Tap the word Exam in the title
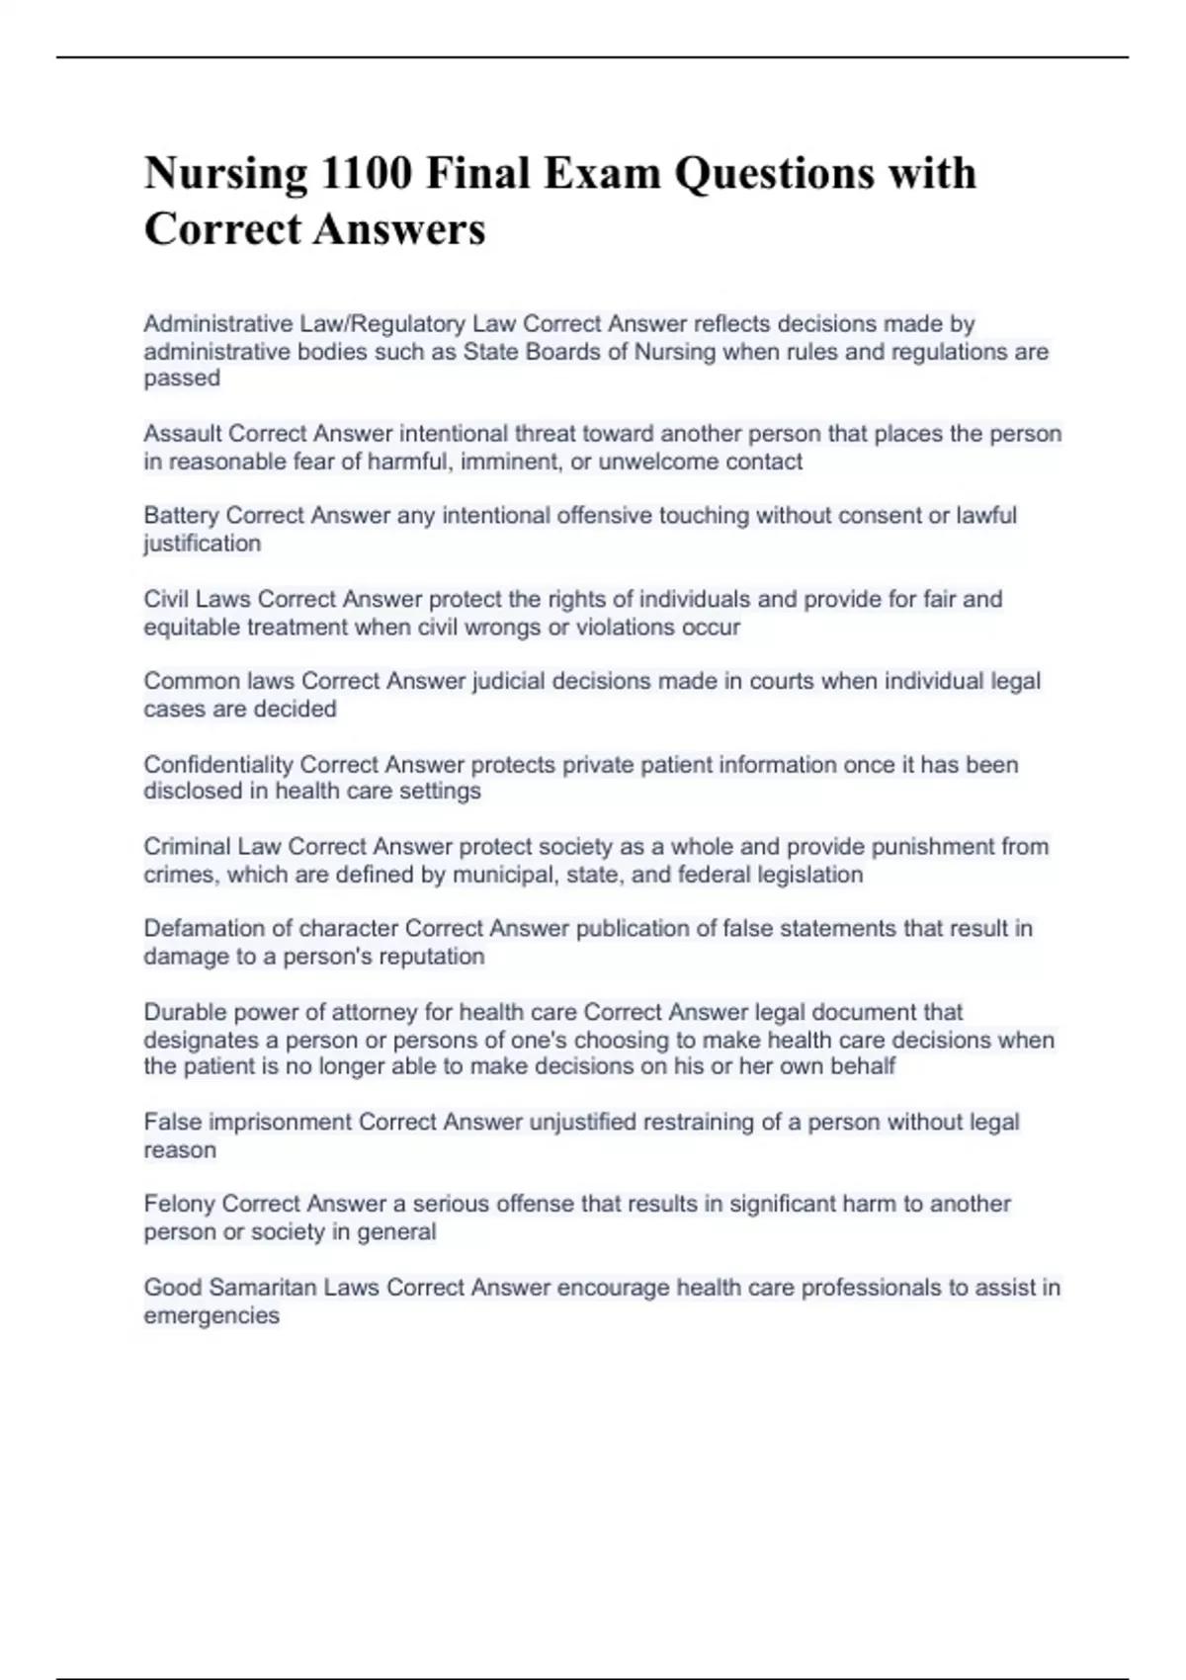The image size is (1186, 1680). click(601, 174)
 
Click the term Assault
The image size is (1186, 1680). click(183, 434)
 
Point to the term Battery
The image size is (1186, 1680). click(182, 516)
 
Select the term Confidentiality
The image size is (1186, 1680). click(218, 764)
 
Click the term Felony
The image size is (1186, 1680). click(180, 1204)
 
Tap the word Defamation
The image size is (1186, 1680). click(205, 929)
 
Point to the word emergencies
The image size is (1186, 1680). click(212, 1315)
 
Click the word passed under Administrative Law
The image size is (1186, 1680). click(182, 378)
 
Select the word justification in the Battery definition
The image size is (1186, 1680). click(203, 544)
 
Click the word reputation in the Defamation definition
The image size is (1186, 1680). click(433, 957)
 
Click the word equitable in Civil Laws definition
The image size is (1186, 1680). click(192, 628)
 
